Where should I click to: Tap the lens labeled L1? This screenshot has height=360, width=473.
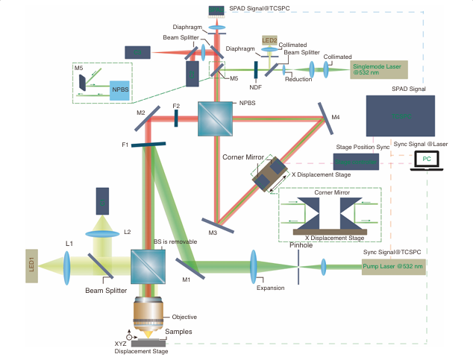point(67,265)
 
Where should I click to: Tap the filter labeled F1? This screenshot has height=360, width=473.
point(148,145)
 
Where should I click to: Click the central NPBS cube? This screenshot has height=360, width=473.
point(216,119)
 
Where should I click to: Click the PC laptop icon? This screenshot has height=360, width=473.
point(426,160)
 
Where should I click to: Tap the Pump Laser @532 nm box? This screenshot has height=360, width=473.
point(393,267)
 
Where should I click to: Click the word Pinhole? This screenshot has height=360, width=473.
point(301,244)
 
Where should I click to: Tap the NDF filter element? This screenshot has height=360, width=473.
point(255,71)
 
